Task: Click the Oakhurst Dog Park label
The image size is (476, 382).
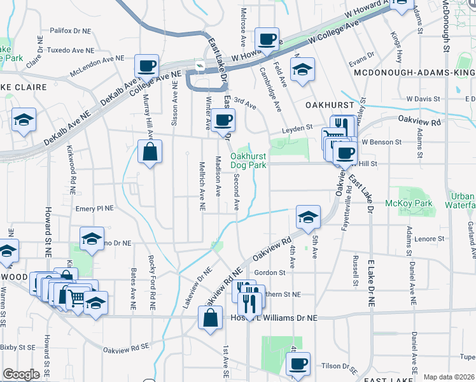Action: [x=248, y=160]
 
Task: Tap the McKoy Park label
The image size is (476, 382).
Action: [x=409, y=204]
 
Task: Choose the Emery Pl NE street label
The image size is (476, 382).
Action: [x=94, y=208]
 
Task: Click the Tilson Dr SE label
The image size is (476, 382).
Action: [x=340, y=367]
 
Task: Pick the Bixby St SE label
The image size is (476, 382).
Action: [x=18, y=348]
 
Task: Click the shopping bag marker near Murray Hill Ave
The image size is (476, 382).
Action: [x=150, y=153]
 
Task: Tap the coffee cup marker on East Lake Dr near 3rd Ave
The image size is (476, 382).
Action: [x=223, y=120]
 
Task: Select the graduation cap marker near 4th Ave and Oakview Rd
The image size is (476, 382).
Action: [x=308, y=217]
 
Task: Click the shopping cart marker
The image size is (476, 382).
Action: [x=76, y=297]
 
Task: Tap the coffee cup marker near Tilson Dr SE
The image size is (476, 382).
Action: [x=297, y=364]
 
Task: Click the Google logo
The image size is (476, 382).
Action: [x=22, y=374]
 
